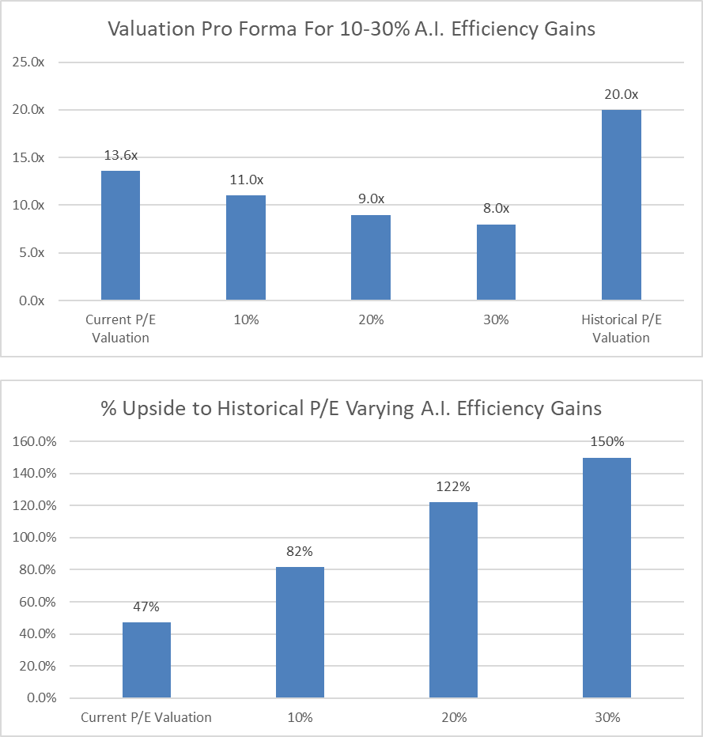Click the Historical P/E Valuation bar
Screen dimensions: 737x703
tap(621, 206)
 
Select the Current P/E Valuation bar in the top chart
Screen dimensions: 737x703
tap(120, 236)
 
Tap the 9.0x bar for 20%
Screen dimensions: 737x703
tap(370, 258)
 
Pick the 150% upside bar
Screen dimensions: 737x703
tap(607, 577)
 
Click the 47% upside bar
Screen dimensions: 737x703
tap(146, 660)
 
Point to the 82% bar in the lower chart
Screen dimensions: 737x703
tap(300, 632)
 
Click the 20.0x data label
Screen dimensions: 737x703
tap(621, 95)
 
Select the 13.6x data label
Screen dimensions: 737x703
tap(120, 155)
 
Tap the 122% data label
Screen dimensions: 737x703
tap(453, 487)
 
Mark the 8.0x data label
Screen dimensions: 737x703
tap(496, 209)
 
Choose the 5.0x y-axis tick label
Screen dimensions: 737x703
tap(31, 253)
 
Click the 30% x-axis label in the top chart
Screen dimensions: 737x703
tap(496, 321)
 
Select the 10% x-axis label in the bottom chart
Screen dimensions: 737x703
tap(300, 718)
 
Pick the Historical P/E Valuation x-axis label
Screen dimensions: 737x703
tap(621, 329)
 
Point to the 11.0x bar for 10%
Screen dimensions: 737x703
tap(245, 248)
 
